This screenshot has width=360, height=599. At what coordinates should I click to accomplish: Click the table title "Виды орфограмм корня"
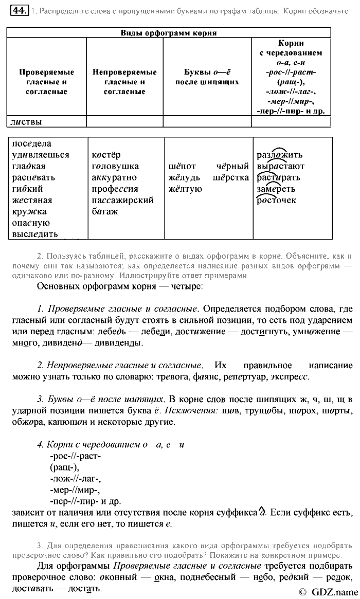tap(168, 33)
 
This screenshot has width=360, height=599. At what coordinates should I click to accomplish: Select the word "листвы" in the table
tap(26, 122)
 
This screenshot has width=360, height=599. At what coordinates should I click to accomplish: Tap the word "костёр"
tap(106, 155)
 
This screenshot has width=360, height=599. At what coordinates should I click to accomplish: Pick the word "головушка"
tap(115, 167)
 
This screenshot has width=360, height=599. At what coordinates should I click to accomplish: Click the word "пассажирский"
tap(123, 200)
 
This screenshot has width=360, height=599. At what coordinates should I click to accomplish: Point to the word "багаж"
tap(105, 211)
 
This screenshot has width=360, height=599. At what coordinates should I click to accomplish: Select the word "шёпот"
tap(182, 167)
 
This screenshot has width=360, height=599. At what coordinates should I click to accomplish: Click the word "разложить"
tap(280, 155)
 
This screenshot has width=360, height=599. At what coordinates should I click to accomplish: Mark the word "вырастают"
tap(281, 167)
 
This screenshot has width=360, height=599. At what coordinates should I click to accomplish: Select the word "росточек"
tap(276, 201)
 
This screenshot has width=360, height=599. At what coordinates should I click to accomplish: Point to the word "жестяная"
tap(32, 200)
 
